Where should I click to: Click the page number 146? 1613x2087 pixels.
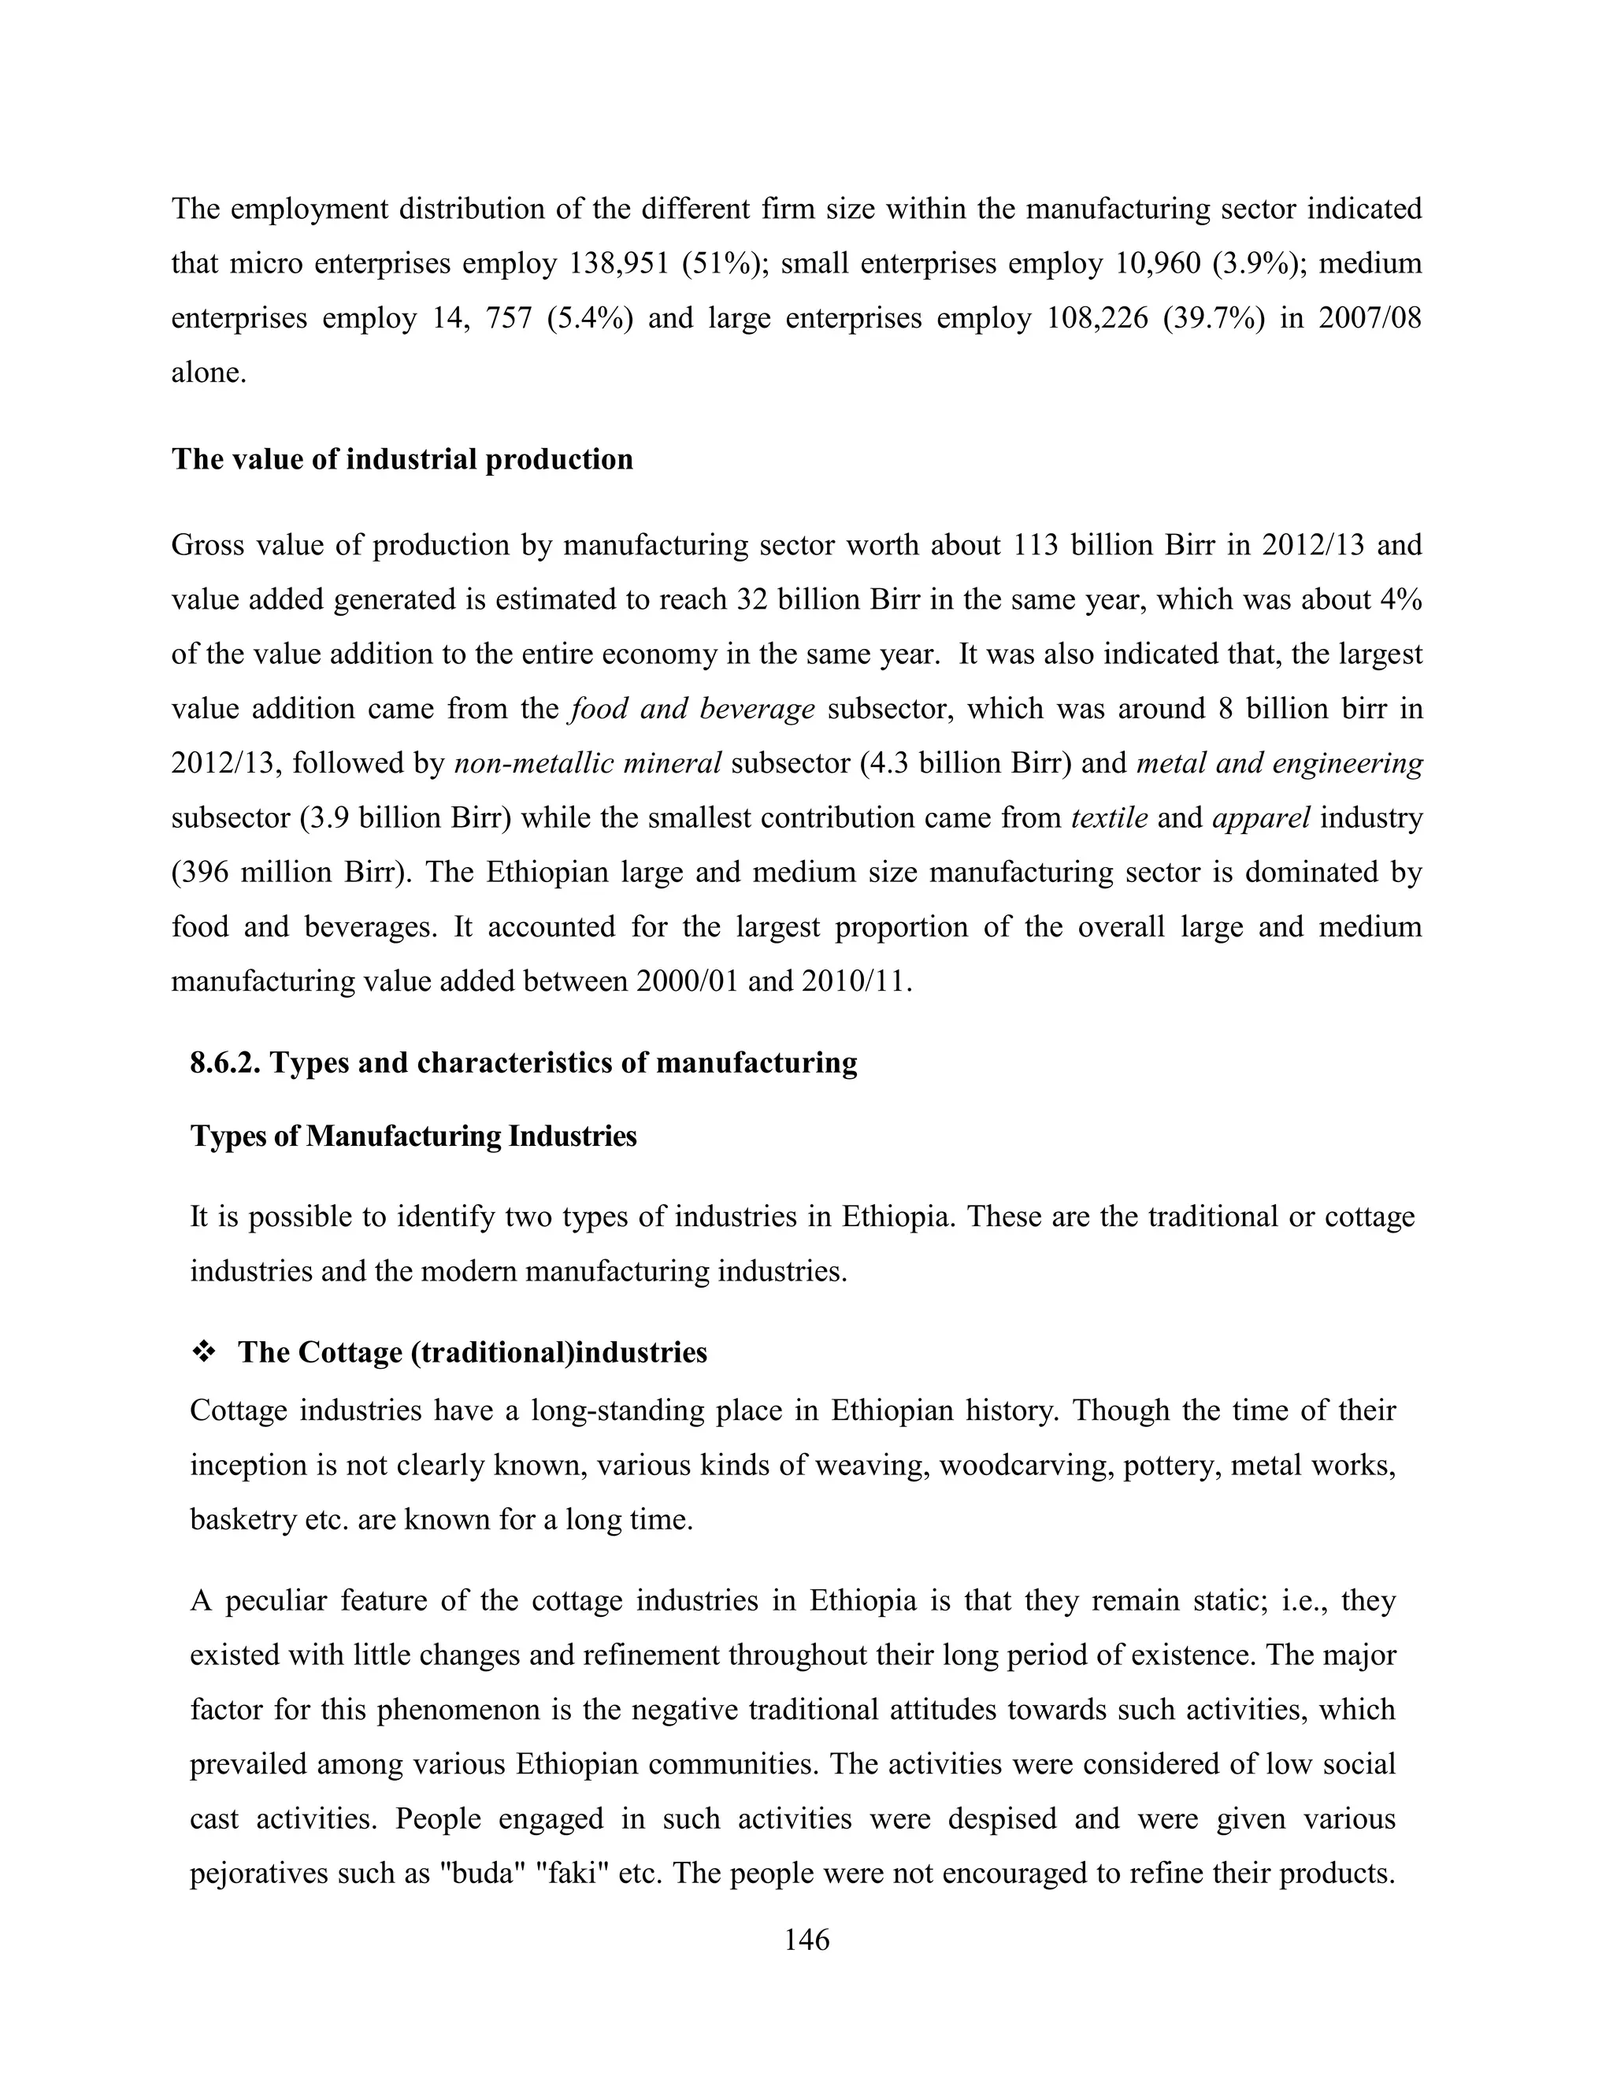click(806, 1940)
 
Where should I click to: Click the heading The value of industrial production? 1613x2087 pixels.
click(402, 460)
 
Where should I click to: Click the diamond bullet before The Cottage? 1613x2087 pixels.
click(205, 1352)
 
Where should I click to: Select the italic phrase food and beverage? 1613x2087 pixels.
click(692, 709)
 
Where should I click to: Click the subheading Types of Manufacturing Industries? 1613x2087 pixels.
click(413, 1136)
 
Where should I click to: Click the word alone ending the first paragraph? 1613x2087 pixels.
click(208, 372)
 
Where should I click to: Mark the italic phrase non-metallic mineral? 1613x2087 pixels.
click(588, 763)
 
